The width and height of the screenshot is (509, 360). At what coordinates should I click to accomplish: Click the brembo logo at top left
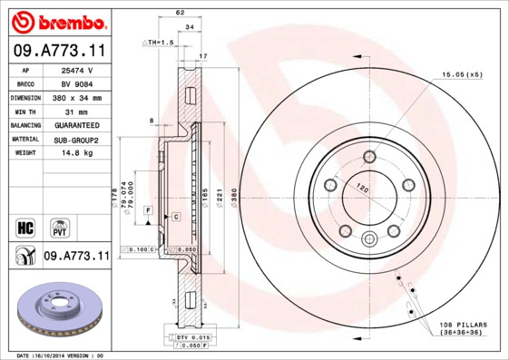(56, 20)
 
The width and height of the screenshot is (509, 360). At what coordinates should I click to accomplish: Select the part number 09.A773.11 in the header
(57, 52)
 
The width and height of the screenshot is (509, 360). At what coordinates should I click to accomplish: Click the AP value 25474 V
(78, 70)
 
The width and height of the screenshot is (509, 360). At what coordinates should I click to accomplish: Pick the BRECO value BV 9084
(78, 83)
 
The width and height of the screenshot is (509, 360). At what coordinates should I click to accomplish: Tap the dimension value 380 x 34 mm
(78, 97)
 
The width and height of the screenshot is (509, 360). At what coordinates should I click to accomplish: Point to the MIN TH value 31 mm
(78, 111)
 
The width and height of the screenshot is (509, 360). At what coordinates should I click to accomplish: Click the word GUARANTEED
(78, 125)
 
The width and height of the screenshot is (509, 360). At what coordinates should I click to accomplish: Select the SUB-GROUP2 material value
(78, 140)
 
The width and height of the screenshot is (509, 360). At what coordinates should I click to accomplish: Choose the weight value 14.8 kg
(78, 153)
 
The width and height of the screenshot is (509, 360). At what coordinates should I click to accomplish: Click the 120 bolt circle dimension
(362, 190)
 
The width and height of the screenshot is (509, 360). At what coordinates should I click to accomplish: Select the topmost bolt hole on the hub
(369, 159)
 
